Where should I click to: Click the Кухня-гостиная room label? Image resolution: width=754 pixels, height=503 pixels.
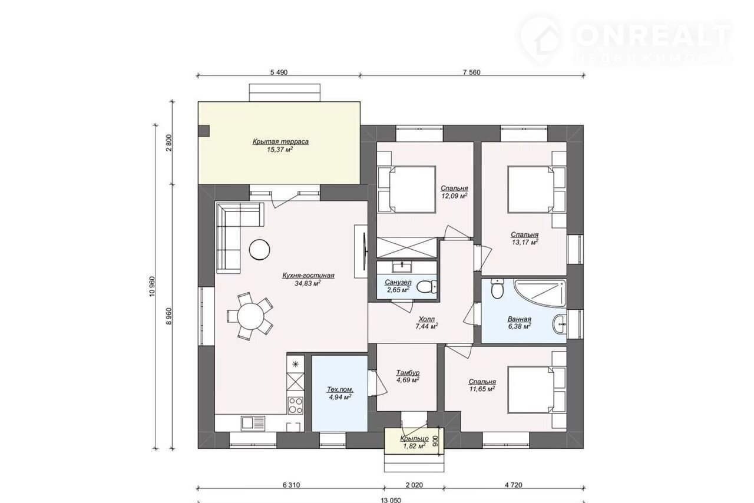[x=308, y=276]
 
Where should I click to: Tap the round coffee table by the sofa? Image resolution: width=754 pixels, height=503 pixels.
[x=259, y=249]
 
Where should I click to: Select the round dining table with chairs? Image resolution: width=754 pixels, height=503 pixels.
[x=250, y=316]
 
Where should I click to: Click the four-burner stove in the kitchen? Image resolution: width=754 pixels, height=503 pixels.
[x=296, y=405]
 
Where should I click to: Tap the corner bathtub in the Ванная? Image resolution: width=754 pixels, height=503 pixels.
[x=540, y=293]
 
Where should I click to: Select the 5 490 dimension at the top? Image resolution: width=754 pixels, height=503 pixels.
[x=279, y=72]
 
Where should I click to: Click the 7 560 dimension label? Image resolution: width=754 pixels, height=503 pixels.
[x=472, y=72]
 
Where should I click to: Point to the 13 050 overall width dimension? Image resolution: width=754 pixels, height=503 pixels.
[x=391, y=500]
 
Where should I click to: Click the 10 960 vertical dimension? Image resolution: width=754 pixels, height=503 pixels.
[x=152, y=286]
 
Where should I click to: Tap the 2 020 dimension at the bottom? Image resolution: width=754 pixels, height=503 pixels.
[x=414, y=485]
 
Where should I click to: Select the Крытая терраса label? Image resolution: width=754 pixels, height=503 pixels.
[x=280, y=142]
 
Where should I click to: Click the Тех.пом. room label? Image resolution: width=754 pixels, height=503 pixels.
[x=340, y=389]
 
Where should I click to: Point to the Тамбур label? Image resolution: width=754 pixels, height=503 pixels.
[x=408, y=373]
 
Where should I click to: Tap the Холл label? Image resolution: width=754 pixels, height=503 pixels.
[x=426, y=319]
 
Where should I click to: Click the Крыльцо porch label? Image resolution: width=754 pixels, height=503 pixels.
[x=414, y=438]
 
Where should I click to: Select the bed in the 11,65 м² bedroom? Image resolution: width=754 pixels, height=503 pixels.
[x=531, y=389]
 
